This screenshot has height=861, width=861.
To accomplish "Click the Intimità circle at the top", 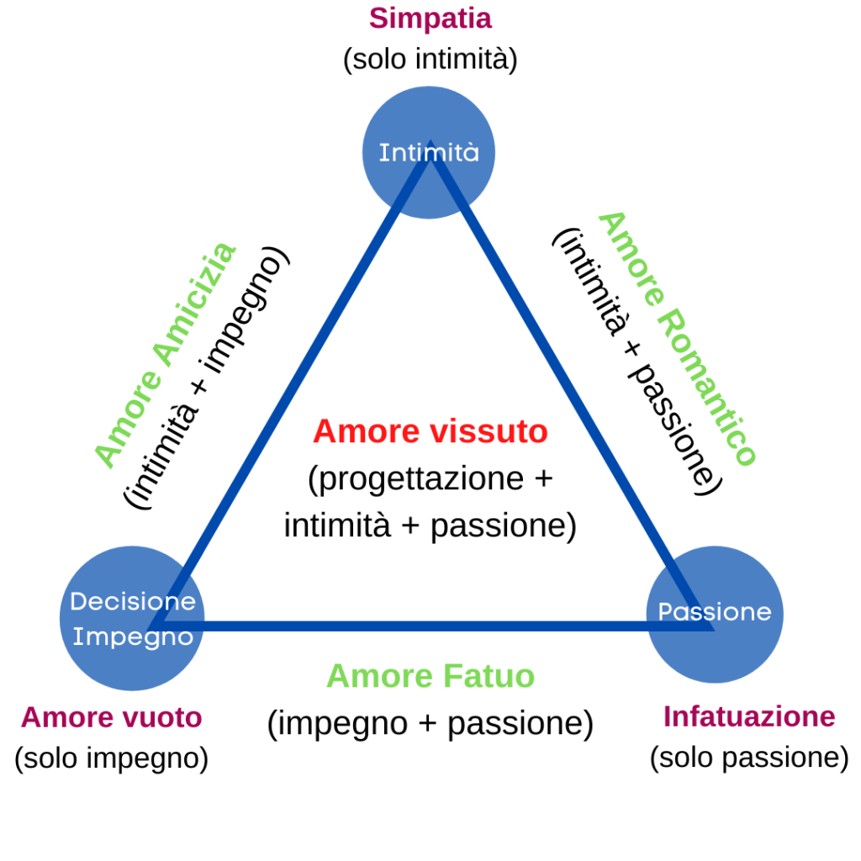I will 429,152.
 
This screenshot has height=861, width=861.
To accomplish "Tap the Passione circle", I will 714,612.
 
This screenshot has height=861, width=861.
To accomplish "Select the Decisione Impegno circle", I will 132,618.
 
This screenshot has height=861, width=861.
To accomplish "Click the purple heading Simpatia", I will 430,18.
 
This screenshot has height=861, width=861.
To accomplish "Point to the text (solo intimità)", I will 430,61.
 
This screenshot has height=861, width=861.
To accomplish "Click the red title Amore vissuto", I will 430,432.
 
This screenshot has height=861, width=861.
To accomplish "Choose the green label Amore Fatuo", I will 430,676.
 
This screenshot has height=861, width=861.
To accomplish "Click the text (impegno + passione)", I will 430,723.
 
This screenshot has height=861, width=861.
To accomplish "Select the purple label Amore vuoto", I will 111,717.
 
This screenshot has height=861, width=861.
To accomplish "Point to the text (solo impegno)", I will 111,758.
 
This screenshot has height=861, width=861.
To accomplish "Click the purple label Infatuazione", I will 749,716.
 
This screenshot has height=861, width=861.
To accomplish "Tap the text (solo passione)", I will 749,758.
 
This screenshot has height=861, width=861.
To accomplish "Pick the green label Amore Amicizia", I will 165,355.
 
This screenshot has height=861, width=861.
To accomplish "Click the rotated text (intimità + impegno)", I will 207,378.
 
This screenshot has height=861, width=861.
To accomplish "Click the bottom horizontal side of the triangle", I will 430,626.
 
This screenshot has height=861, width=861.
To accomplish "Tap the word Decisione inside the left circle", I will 132,601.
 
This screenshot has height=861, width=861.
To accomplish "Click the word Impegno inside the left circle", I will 132,637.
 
